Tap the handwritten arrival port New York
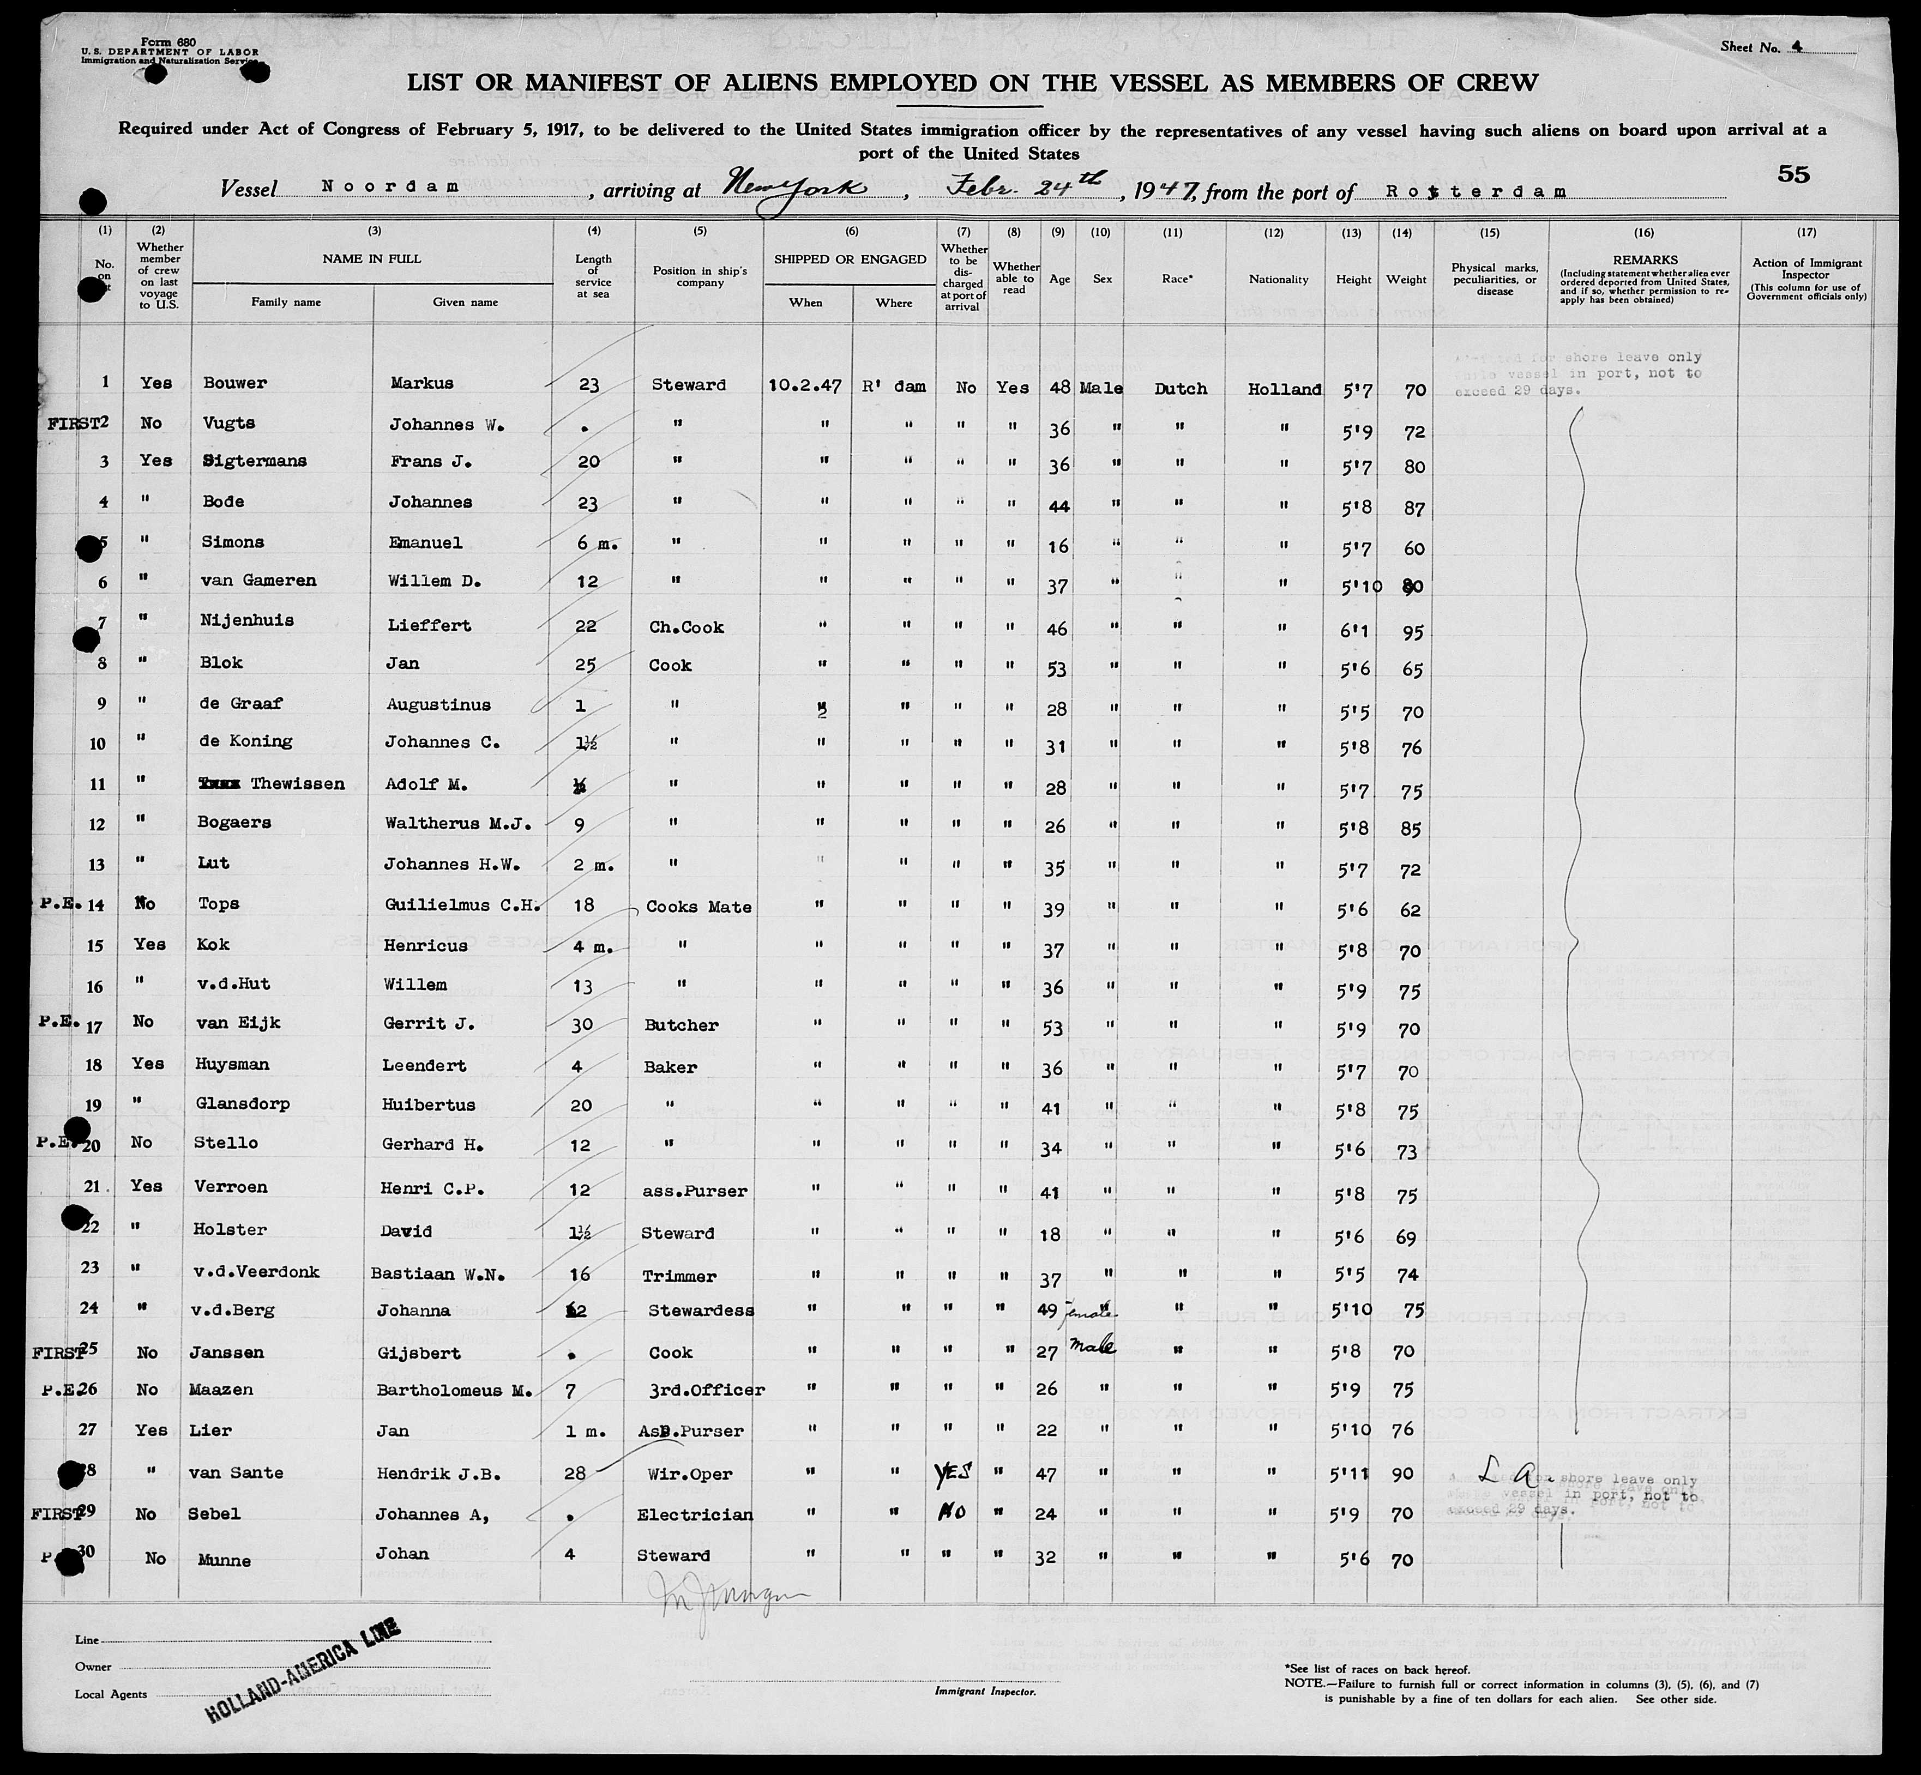click(797, 183)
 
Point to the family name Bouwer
click(236, 383)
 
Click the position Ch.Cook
click(686, 627)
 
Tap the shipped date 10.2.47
click(806, 385)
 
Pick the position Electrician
click(695, 1515)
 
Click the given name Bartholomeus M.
click(453, 1390)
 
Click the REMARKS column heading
click(1645, 259)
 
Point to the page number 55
click(1793, 174)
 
